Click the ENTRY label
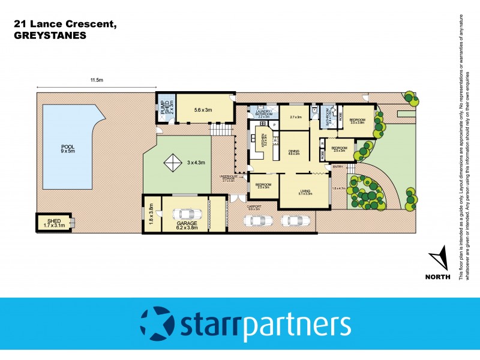338,166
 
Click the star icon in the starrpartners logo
157,324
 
